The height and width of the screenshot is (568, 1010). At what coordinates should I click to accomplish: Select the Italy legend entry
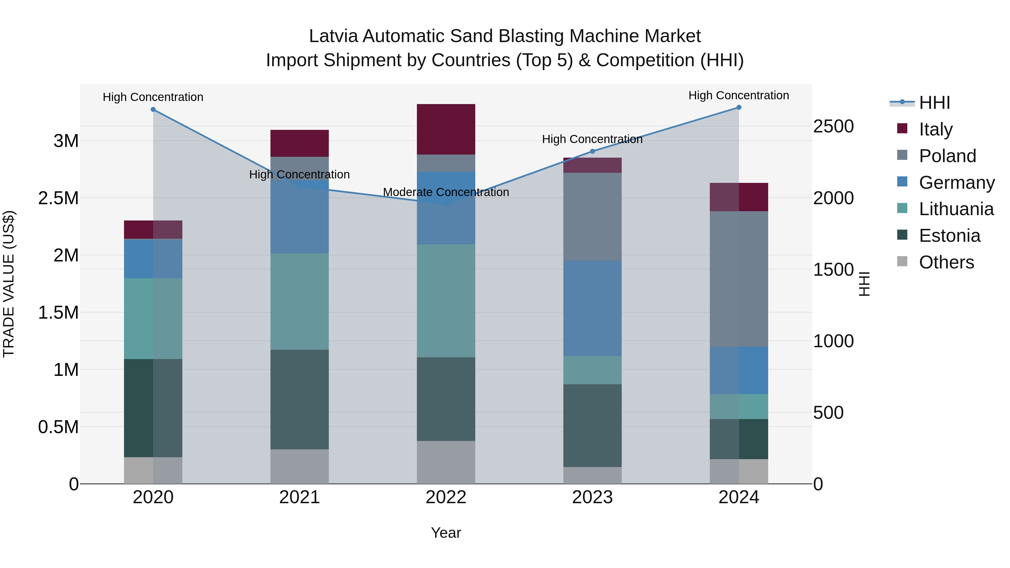[x=935, y=129]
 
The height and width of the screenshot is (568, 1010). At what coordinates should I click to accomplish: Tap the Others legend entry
[x=946, y=262]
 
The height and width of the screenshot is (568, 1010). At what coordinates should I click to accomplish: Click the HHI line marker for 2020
[x=153, y=110]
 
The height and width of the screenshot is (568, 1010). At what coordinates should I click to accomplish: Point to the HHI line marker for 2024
[x=739, y=107]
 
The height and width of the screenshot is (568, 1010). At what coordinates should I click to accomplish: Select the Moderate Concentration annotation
[x=446, y=192]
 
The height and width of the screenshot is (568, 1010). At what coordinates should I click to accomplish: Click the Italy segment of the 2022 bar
[x=446, y=129]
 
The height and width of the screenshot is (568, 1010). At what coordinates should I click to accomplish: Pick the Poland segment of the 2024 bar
[x=739, y=279]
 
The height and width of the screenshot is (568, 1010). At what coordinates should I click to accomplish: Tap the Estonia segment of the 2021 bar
[x=300, y=399]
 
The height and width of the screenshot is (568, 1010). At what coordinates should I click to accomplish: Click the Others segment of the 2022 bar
[x=446, y=462]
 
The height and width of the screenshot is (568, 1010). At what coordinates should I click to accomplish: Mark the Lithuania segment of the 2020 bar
[x=153, y=319]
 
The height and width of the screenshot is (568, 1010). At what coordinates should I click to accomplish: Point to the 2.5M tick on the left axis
[x=58, y=198]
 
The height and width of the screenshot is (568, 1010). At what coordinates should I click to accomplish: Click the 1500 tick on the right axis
[x=833, y=270]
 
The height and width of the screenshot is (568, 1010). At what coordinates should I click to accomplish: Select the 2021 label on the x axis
[x=300, y=497]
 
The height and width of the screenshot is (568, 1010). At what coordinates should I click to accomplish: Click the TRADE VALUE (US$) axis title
[x=9, y=284]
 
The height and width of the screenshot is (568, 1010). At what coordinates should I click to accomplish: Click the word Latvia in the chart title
[x=333, y=36]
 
